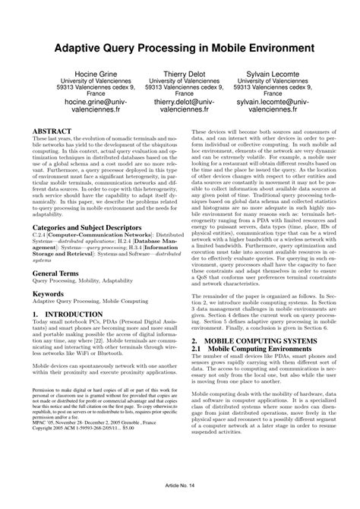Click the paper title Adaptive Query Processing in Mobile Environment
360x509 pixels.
(180, 47)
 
